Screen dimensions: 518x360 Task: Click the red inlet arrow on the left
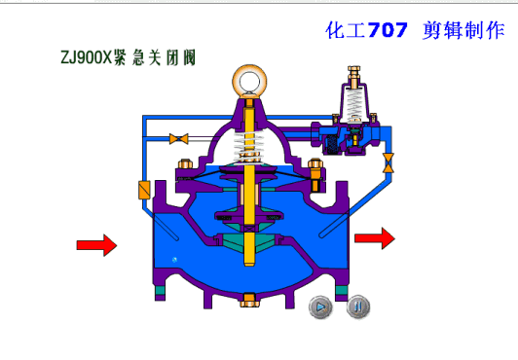coord(96,245)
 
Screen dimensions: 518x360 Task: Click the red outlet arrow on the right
coord(375,238)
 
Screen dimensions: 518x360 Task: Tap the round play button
coord(320,307)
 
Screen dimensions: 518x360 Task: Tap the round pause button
coord(358,307)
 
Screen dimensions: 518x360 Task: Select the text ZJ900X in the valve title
coord(87,57)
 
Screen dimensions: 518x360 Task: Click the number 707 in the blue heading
coord(388,30)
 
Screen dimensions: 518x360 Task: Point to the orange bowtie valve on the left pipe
coord(179,138)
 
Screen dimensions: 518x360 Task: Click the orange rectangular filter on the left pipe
coord(144,190)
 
